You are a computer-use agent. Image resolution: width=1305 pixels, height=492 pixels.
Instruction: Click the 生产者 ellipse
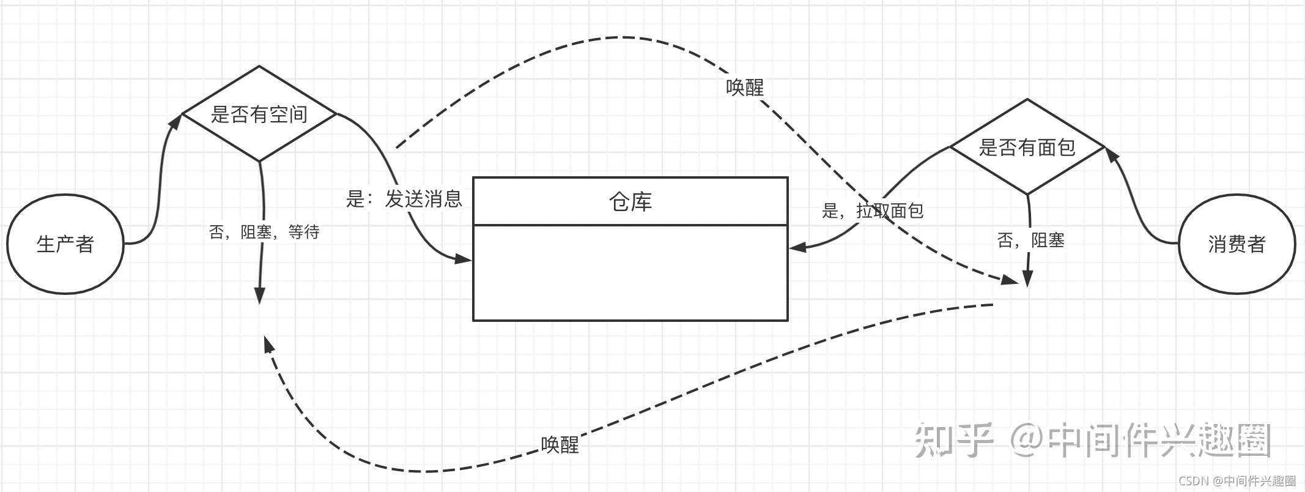(x=65, y=244)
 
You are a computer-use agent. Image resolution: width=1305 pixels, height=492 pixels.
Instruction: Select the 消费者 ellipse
(x=1236, y=244)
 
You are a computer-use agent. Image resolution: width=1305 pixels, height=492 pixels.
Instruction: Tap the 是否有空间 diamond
(x=259, y=114)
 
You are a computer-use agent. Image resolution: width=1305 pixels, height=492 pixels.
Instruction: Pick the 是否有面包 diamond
(x=1027, y=147)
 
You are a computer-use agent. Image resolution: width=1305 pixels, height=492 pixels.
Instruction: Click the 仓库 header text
(x=630, y=201)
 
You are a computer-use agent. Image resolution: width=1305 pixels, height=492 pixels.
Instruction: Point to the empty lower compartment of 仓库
(x=630, y=272)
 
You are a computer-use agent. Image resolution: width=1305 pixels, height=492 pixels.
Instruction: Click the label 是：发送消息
(x=404, y=199)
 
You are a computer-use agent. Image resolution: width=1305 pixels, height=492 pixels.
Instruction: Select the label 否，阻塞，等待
(x=264, y=232)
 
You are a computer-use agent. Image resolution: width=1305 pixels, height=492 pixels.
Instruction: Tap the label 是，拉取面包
(x=872, y=211)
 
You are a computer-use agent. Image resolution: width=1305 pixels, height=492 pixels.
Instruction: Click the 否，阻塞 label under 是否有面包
(x=1030, y=240)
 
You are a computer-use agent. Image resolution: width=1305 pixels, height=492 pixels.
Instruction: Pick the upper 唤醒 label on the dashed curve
(x=745, y=88)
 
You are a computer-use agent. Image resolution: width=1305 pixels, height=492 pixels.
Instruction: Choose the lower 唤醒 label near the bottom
(x=560, y=445)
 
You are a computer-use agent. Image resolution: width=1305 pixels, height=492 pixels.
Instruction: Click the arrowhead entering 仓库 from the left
(x=464, y=259)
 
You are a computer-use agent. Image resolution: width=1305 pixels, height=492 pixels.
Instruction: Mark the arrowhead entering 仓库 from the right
(x=797, y=248)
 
